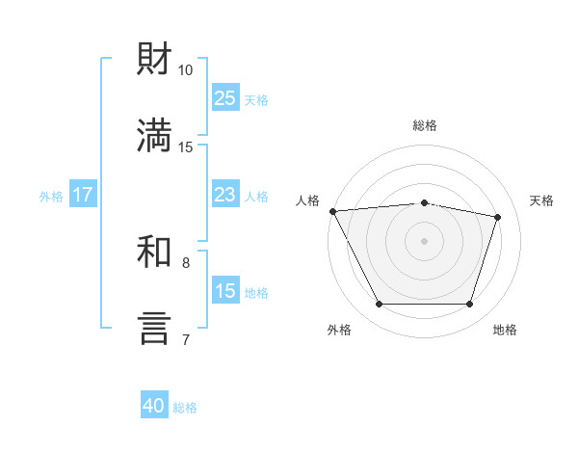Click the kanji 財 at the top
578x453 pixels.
(x=154, y=58)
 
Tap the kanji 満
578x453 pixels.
(x=154, y=135)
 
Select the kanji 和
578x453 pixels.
(x=154, y=252)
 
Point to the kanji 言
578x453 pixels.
(x=154, y=329)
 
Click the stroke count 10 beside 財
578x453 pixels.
(x=185, y=70)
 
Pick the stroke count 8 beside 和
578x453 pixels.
(x=186, y=263)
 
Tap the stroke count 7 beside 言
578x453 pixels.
(x=186, y=339)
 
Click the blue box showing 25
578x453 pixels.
(x=225, y=97)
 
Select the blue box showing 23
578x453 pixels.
(x=225, y=194)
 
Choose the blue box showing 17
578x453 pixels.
(x=83, y=194)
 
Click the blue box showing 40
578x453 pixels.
(x=154, y=404)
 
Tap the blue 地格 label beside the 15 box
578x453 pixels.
(x=256, y=293)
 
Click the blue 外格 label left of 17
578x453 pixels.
(x=51, y=197)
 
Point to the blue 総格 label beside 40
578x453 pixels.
(x=185, y=408)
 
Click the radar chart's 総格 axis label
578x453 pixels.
(x=425, y=125)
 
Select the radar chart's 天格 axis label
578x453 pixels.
(x=541, y=200)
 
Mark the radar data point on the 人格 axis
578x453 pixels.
(x=333, y=211)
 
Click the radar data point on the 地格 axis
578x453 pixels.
(x=469, y=304)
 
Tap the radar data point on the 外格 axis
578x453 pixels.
(x=380, y=304)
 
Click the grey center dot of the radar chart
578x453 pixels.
(x=424, y=241)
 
